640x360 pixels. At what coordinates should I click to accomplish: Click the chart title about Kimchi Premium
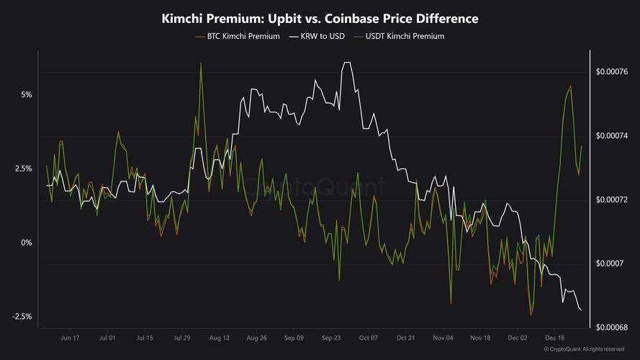coord(320,18)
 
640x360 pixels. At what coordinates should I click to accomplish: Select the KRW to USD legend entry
coord(316,36)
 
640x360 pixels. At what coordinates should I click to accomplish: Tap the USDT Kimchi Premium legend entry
coord(403,36)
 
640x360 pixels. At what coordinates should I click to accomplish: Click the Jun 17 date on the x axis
coord(71,337)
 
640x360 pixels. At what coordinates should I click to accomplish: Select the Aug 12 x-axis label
coord(219,337)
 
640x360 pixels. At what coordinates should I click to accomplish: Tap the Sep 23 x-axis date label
coord(331,337)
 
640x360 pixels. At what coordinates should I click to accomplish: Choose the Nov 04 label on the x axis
coord(443,337)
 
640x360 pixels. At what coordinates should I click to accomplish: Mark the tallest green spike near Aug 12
coord(201,63)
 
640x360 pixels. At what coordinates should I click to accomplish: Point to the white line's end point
coord(581,310)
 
